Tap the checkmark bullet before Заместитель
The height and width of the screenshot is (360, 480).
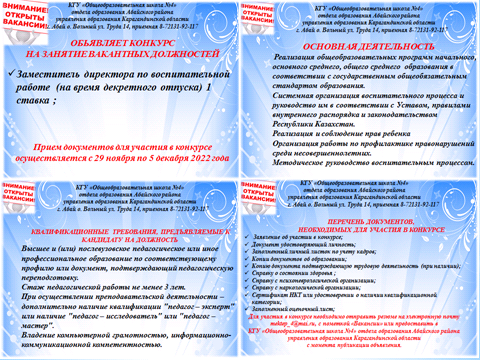point(11,73)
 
